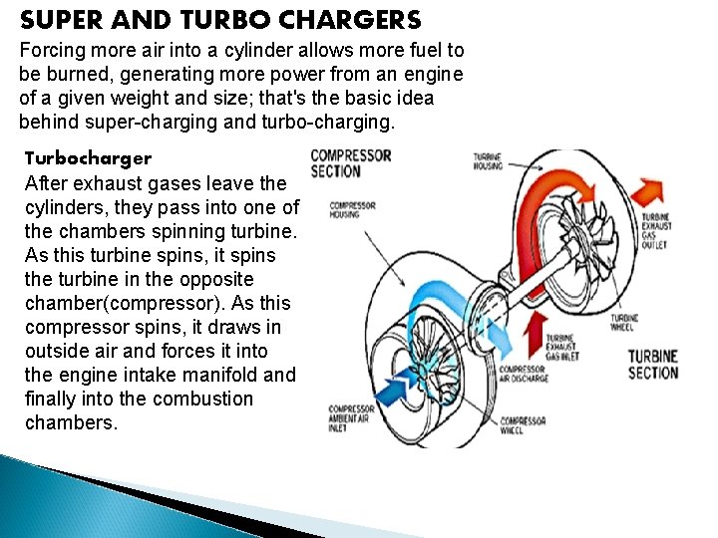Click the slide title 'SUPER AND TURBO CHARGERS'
[220, 20]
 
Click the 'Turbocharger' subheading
[88, 158]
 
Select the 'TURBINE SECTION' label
[653, 365]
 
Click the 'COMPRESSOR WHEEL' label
[523, 425]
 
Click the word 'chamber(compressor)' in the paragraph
[114, 303]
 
